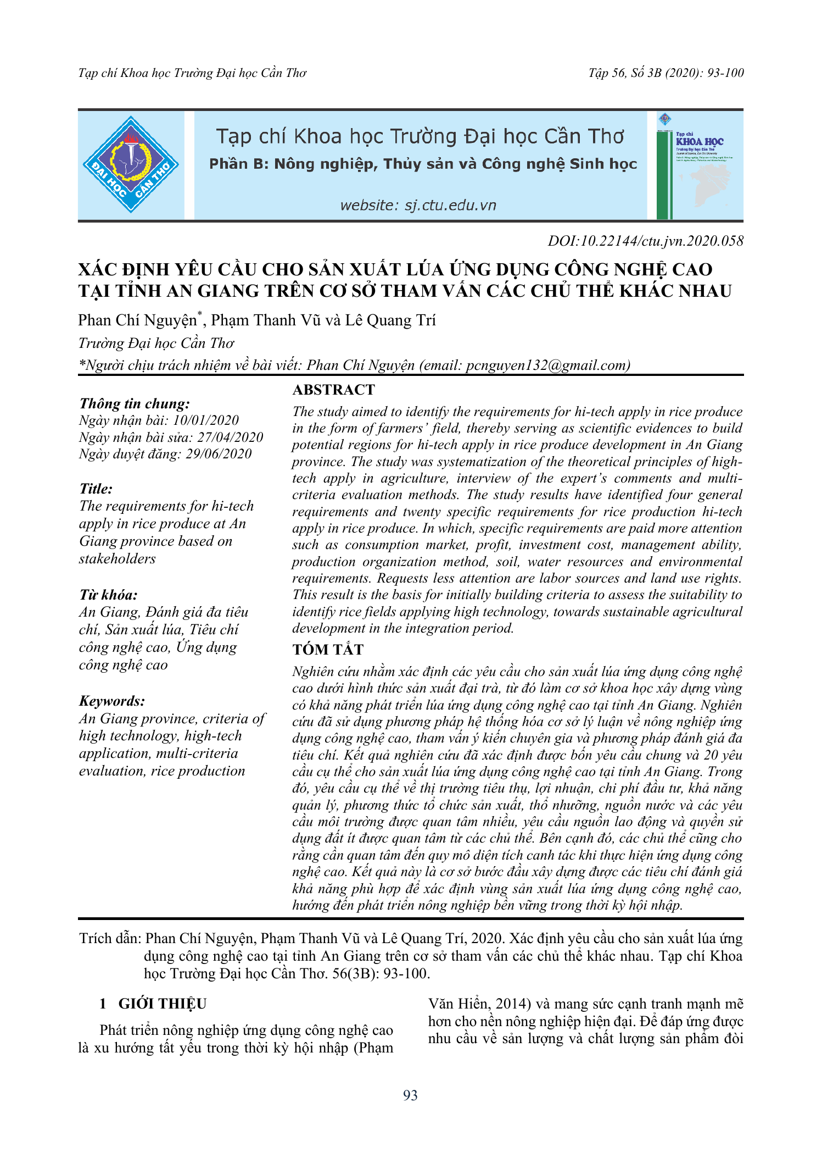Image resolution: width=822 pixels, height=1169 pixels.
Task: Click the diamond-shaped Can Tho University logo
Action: [131, 164]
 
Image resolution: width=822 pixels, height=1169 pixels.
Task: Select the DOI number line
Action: [645, 241]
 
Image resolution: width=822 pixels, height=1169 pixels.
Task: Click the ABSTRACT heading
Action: [333, 390]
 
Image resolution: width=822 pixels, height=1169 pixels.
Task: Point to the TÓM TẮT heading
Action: [328, 650]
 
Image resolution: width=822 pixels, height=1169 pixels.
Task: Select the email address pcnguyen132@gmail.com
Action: [547, 365]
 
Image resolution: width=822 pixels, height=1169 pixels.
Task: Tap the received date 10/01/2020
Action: [206, 420]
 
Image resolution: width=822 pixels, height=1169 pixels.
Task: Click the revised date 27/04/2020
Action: [230, 437]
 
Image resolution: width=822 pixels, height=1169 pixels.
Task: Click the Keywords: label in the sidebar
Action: [112, 701]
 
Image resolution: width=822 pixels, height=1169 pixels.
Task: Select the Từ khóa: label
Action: [108, 595]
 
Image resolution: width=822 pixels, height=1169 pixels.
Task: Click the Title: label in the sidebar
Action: [96, 489]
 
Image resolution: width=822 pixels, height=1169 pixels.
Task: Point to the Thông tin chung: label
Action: [135, 404]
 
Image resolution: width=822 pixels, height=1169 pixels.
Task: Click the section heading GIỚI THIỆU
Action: [163, 1004]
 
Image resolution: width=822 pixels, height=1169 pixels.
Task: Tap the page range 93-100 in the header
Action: [725, 73]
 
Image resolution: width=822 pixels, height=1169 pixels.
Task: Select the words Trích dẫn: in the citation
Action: [110, 939]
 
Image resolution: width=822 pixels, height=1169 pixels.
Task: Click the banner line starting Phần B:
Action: [423, 164]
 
